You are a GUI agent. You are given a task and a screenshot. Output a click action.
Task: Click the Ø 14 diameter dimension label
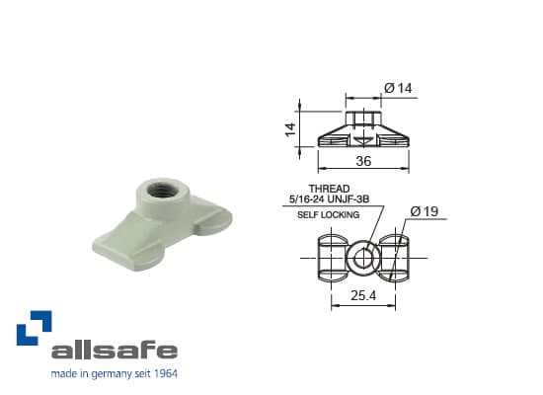click(x=397, y=89)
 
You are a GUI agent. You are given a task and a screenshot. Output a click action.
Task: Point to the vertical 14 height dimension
click(x=291, y=128)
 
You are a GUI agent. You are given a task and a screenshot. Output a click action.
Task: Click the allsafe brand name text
click(x=114, y=350)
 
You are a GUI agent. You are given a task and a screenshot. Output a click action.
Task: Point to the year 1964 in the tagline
click(x=165, y=374)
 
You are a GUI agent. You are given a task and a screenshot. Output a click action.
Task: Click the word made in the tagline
click(x=63, y=374)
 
